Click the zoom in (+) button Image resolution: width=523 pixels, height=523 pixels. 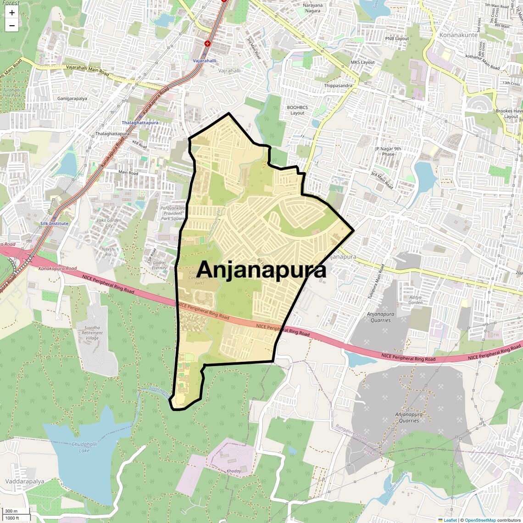[x=12, y=13]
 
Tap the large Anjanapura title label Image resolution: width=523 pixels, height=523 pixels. [x=262, y=269]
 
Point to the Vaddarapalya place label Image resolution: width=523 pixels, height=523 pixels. [x=25, y=481]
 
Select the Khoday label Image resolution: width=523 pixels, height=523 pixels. [x=234, y=471]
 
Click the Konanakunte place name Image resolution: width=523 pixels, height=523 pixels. [x=458, y=35]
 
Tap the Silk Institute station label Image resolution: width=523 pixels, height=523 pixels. [x=54, y=223]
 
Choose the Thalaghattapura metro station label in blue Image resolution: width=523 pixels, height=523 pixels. [x=140, y=123]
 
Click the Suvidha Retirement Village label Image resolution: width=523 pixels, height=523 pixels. [x=92, y=333]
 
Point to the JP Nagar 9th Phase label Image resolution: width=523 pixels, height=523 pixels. [x=388, y=151]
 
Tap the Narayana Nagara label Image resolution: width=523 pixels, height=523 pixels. [x=312, y=8]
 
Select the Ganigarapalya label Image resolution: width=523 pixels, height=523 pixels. [x=72, y=99]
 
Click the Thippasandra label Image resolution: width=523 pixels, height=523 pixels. [x=338, y=86]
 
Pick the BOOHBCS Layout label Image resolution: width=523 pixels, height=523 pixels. [x=297, y=110]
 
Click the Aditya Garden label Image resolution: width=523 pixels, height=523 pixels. [x=415, y=300]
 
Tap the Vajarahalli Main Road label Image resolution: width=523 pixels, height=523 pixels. [x=87, y=70]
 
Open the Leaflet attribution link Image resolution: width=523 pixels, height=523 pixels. [x=450, y=520]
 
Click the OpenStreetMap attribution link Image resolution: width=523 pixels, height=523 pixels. [x=480, y=520]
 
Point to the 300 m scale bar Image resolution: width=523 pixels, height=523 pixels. [x=11, y=511]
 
